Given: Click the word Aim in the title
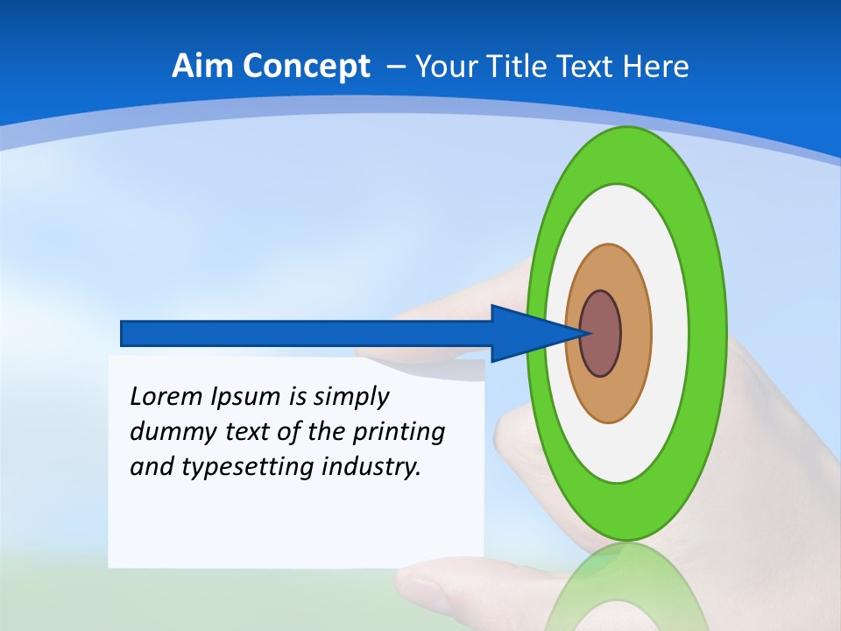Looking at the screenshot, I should coord(201,67).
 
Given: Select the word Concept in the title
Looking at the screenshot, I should coord(303,67).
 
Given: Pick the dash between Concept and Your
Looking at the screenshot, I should coord(395,67).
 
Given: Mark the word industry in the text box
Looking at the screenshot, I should coord(371,467).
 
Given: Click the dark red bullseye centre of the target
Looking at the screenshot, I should coord(602,334).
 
